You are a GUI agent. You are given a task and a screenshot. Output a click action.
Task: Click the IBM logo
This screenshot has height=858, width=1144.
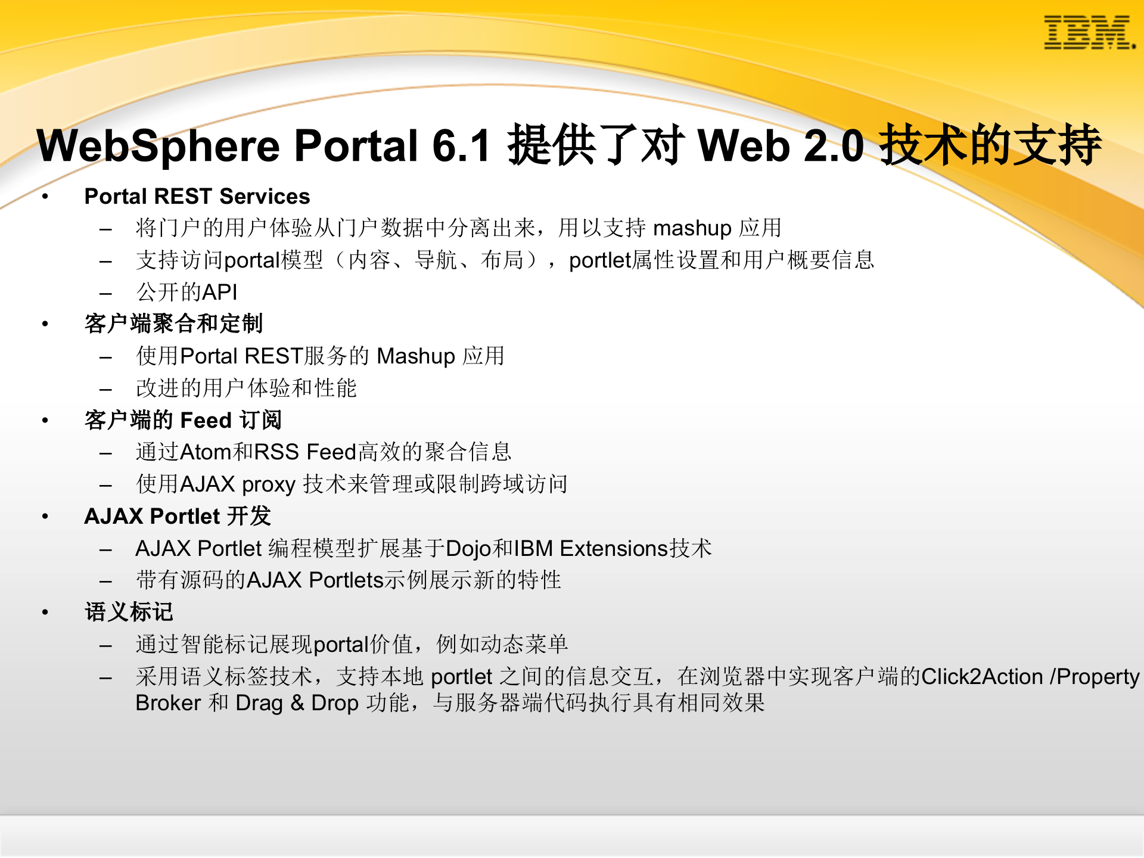coord(1089,33)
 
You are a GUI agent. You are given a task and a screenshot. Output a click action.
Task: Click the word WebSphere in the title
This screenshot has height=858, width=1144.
coord(158,146)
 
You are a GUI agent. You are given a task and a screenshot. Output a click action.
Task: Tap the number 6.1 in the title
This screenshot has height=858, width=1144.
coord(461,146)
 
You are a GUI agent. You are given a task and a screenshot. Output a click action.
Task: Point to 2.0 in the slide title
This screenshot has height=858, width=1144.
coord(834,146)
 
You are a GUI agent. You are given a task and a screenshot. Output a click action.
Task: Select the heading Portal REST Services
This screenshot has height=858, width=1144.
coord(197,197)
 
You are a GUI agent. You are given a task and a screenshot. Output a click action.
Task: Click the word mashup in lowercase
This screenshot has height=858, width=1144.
coord(692,228)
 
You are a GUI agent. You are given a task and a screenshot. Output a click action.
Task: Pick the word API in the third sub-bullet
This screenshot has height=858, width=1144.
coord(220,292)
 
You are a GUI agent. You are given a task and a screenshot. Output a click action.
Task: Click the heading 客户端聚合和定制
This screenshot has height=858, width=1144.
coord(173,324)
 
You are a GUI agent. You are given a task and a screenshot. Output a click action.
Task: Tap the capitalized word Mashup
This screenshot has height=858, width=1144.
coord(416,356)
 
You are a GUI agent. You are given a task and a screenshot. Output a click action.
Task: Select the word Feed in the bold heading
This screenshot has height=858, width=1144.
coord(206,421)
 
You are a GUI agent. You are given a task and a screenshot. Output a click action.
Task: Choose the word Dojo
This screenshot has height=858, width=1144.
coord(469,549)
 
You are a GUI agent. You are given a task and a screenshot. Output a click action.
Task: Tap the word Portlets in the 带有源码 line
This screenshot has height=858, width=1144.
coord(346,580)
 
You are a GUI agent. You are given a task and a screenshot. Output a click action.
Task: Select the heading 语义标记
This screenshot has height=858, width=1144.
coord(129,613)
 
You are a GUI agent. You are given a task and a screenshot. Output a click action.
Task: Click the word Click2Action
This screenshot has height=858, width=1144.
coord(981,677)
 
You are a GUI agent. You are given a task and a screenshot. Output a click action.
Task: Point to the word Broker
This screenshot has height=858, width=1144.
coord(168,703)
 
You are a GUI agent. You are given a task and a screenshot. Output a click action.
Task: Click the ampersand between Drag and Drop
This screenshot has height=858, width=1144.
coord(297,703)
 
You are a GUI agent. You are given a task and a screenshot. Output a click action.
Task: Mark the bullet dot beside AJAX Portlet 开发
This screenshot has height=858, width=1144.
coord(45,517)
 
